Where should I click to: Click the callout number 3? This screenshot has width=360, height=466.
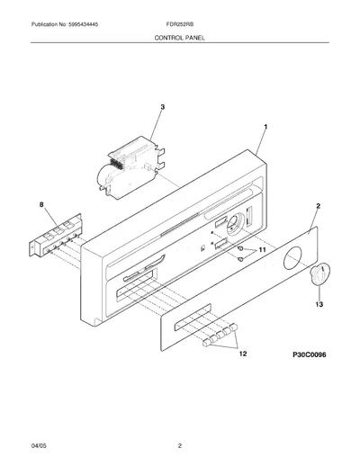pos(162,107)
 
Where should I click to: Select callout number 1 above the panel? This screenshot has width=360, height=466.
pos(265,127)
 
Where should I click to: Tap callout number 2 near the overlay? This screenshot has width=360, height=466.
pos(319,206)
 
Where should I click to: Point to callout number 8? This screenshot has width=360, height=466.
pos(41,204)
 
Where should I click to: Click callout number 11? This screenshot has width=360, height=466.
pos(262,250)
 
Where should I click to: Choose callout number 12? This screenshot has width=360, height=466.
pos(243,354)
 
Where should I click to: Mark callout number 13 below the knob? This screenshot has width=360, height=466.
pos(319,304)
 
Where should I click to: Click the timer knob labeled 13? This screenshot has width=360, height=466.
pos(319,273)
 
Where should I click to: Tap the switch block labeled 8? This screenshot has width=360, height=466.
pos(56,235)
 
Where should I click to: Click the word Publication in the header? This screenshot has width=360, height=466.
pos(45,24)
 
